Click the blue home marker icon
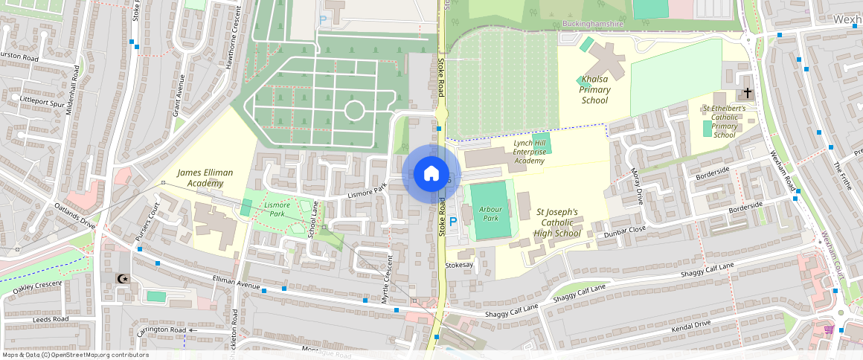pyautogui.click(x=431, y=173)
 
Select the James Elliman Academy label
pyautogui.click(x=205, y=178)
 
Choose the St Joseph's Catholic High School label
pyautogui.click(x=558, y=222)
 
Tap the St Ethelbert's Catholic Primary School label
pyautogui.click(x=724, y=122)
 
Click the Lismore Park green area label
pyautogui.click(x=277, y=209)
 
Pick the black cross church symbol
pyautogui.click(x=746, y=94)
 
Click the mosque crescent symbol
pyautogui.click(x=123, y=278)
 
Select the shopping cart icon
pyautogui.click(x=829, y=330)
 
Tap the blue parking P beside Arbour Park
pyautogui.click(x=452, y=222)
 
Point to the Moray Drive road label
pyautogui.click(x=636, y=186)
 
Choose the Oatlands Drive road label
pyautogui.click(x=74, y=215)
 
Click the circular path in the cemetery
pyautogui.click(x=354, y=111)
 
